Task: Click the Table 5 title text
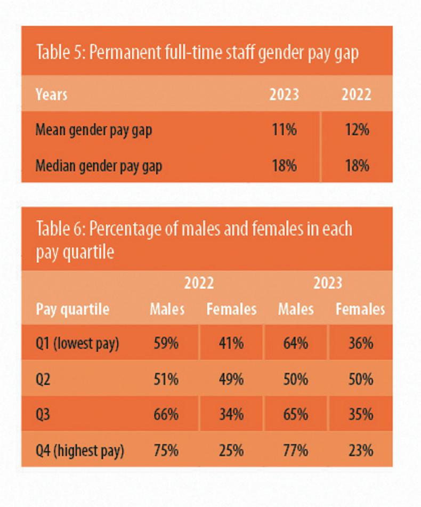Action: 197,53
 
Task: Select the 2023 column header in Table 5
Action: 284,94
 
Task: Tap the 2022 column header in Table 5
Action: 356,94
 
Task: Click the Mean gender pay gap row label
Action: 94,130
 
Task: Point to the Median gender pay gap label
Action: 99,166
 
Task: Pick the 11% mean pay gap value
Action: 284,130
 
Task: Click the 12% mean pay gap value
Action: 356,130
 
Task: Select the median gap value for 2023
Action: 284,166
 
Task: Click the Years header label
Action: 51,94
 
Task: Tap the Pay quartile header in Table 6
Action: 72,309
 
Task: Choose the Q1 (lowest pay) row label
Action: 77,343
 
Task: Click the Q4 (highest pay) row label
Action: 79,451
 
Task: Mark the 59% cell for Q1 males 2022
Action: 166,343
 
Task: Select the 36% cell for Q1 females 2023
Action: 360,343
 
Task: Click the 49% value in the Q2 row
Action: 231,380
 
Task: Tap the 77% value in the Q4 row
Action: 295,451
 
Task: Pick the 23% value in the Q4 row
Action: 360,451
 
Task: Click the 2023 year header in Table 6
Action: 327,283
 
